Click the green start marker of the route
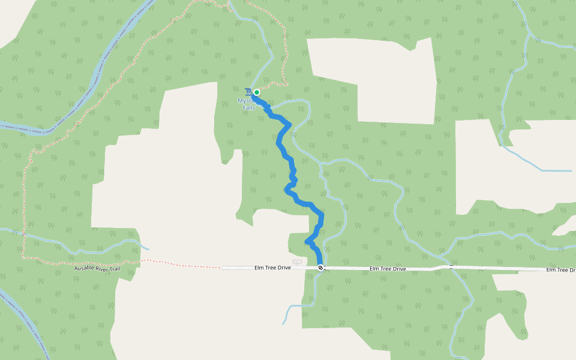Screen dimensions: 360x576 point(257,92)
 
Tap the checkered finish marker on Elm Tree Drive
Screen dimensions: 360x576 point(321,268)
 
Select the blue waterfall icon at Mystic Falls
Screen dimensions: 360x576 point(248,91)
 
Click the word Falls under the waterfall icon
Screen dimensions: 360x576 point(248,107)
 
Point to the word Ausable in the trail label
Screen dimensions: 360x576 point(85,268)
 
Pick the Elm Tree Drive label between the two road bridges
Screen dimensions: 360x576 point(388,269)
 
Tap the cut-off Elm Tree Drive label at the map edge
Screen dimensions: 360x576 point(560,270)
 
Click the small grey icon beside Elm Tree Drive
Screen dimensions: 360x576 point(296,262)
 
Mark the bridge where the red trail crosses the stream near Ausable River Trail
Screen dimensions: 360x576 point(24,233)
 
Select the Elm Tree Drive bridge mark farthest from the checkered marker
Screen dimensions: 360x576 point(451,266)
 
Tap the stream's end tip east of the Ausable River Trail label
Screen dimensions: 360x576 point(149,249)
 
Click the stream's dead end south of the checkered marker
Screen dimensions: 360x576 point(284,324)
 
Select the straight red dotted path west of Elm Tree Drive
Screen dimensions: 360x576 point(180,264)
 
